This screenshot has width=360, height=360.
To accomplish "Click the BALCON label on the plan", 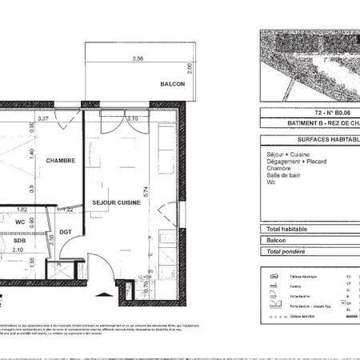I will (172, 84).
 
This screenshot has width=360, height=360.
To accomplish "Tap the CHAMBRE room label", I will (60, 160).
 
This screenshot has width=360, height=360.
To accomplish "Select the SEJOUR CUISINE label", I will (117, 202).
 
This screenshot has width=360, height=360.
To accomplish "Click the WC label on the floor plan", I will (20, 222).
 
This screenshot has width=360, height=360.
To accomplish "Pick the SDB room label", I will (19, 238).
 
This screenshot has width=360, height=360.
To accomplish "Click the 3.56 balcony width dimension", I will (138, 58).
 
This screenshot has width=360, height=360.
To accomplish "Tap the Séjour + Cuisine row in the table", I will (287, 153).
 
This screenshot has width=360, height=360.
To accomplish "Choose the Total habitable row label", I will (287, 229).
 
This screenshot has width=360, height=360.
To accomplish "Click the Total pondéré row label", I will (286, 251).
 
